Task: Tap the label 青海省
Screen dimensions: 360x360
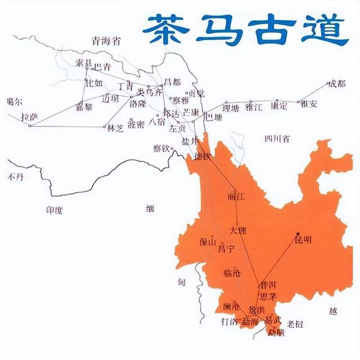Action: pos(106,40)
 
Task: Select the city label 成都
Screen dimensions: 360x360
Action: pos(337,84)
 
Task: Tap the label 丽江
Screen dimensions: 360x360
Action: pos(237,198)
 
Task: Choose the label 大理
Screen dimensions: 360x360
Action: pos(238,231)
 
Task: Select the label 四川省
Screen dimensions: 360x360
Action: pos(277,138)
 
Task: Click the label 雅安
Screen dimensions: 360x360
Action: pos(309,103)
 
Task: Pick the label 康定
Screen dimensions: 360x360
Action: pos(279,105)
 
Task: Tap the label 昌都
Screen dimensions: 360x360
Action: pos(169,82)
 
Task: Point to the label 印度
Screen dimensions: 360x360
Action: pos(55,210)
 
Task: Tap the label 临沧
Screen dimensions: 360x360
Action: pos(232,273)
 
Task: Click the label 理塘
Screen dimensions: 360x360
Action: pos(231,107)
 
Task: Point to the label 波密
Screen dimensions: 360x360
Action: pos(136,124)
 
